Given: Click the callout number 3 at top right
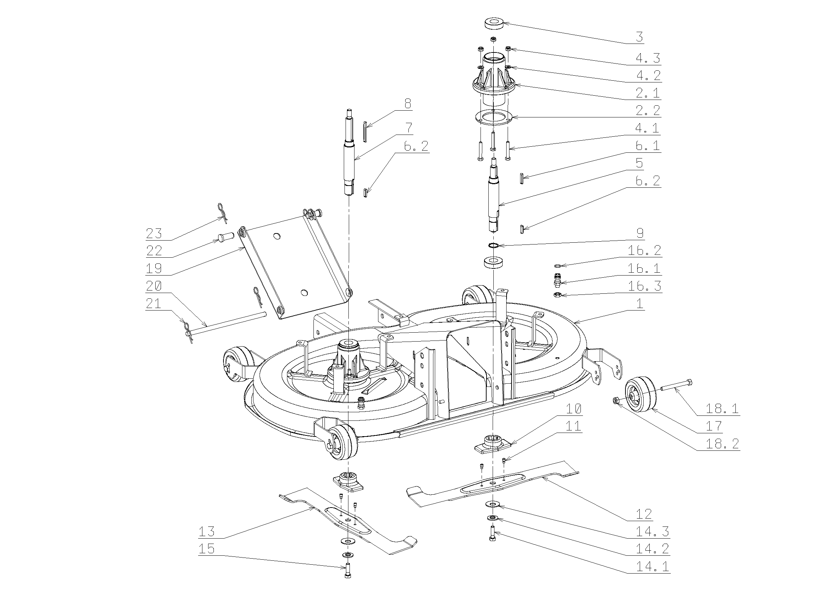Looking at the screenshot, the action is pyautogui.click(x=639, y=37).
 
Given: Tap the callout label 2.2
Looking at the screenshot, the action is pyautogui.click(x=648, y=110).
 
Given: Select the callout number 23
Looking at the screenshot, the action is pyautogui.click(x=154, y=233).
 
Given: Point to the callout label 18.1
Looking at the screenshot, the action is pyautogui.click(x=722, y=409).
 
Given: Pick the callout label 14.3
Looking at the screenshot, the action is pyautogui.click(x=653, y=531).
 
